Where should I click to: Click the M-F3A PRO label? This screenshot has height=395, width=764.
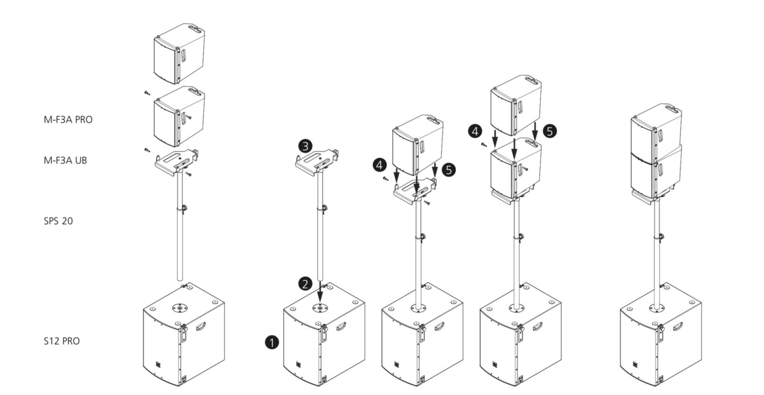[68, 120]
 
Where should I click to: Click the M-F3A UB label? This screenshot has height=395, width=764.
[65, 160]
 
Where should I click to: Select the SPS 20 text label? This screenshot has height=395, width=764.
[58, 221]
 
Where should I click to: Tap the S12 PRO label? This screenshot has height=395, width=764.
[62, 341]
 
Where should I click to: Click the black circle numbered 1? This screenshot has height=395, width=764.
[272, 342]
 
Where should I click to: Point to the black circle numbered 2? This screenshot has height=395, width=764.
[305, 284]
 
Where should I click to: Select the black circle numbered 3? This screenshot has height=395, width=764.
[305, 146]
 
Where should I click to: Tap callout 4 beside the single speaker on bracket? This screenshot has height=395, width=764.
[380, 165]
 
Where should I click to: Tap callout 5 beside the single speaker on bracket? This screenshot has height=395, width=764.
[449, 170]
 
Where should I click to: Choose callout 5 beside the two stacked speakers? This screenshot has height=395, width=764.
[550, 131]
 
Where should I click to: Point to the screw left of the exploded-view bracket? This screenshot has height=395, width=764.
[147, 150]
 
